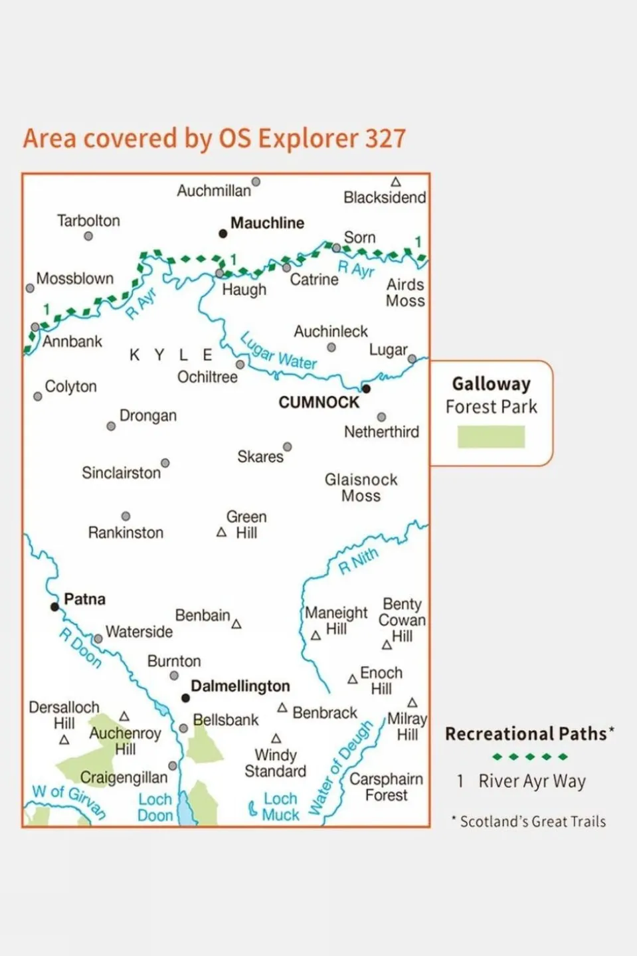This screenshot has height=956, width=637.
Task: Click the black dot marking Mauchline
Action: [223, 233]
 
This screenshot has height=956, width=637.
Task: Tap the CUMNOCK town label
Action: [318, 403]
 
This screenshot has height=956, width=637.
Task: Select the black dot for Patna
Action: [55, 607]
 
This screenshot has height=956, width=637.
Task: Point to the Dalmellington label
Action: [240, 686]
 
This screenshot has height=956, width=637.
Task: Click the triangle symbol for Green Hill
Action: [222, 532]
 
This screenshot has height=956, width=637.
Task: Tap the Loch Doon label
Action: [155, 807]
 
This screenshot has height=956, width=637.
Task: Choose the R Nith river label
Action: [358, 561]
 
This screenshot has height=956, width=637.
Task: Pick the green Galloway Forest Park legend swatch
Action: [491, 436]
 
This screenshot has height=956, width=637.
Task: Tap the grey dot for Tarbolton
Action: [88, 236]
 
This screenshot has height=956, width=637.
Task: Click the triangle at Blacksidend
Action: [395, 182]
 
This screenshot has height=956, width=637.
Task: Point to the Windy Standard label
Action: [275, 763]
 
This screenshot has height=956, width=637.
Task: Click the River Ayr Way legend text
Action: [531, 781]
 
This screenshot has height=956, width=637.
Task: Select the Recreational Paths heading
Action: [525, 733]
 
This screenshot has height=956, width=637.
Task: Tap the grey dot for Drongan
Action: [111, 426]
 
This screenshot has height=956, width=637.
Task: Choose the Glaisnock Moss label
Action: [361, 488]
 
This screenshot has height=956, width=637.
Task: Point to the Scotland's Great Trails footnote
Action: [532, 822]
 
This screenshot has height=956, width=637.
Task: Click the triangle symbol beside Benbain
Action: [236, 624]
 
